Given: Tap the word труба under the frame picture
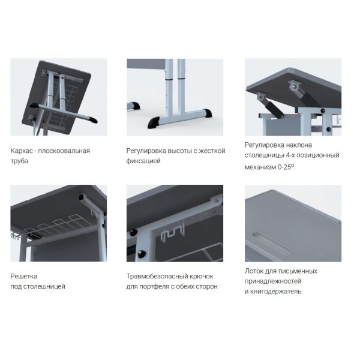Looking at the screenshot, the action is (19, 161).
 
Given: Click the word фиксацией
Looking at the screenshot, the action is (143, 161).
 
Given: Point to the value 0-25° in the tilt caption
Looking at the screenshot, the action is (286, 167).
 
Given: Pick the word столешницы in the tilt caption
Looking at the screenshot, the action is (264, 155).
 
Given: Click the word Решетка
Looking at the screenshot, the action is (24, 276).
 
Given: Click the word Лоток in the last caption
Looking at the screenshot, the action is (254, 271).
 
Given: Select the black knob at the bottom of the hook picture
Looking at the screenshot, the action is (141, 253).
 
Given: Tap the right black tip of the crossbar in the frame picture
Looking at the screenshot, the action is (93, 120).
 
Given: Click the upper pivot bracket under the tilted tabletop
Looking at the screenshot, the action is (295, 86).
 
